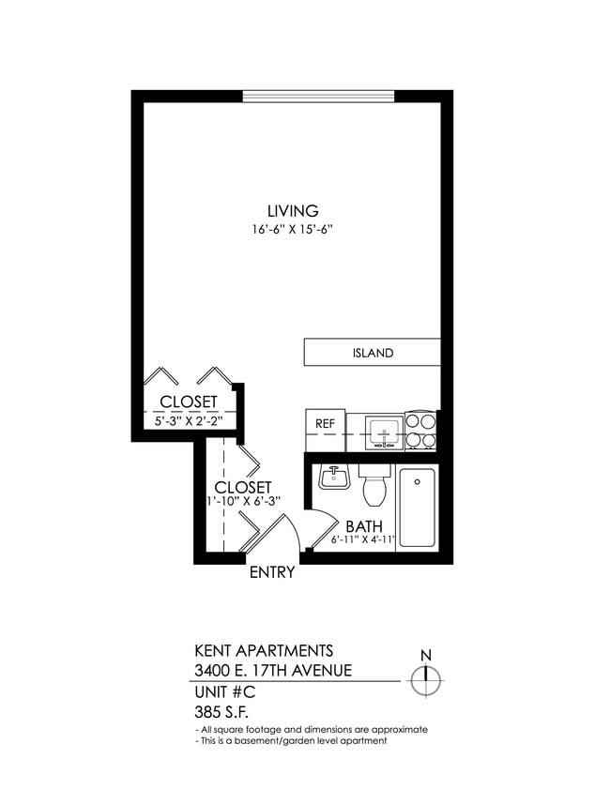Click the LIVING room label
[x=292, y=211]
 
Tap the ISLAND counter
[x=373, y=353]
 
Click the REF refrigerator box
[x=325, y=424]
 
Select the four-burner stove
[x=420, y=431]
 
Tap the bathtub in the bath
[x=417, y=507]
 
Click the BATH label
[x=362, y=526]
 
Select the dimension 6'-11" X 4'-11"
[x=363, y=540]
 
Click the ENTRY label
[x=272, y=572]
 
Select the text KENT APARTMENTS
[x=263, y=649]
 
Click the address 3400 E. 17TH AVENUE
[x=272, y=670]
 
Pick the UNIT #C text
[x=224, y=692]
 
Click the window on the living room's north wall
[x=318, y=95]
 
